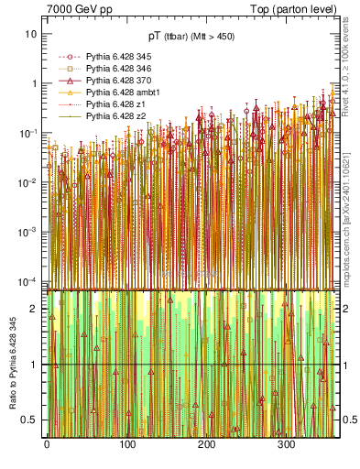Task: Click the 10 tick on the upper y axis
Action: pyautogui.click(x=31, y=34)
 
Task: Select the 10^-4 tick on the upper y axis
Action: pyautogui.click(x=27, y=280)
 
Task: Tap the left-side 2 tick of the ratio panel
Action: pyautogui.click(x=35, y=308)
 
